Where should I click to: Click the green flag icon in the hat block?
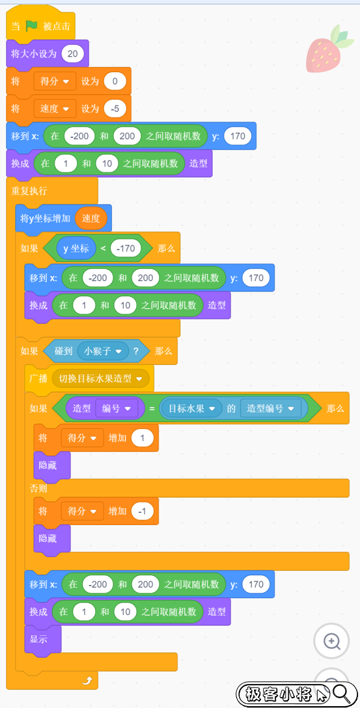(x=32, y=26)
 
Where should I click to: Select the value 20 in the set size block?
(x=72, y=54)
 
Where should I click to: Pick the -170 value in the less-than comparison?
(x=126, y=248)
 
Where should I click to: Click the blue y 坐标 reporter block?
(x=76, y=248)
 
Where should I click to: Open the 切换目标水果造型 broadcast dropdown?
(x=101, y=378)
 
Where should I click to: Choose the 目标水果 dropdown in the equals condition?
(x=190, y=409)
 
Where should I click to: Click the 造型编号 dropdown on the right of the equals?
(x=270, y=409)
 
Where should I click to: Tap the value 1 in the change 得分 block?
(x=143, y=437)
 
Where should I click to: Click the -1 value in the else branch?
(x=143, y=511)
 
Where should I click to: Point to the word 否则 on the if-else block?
(x=38, y=489)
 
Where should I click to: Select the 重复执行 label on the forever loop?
(x=29, y=191)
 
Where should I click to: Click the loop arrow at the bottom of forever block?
(x=87, y=681)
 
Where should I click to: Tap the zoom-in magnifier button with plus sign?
(x=331, y=641)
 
